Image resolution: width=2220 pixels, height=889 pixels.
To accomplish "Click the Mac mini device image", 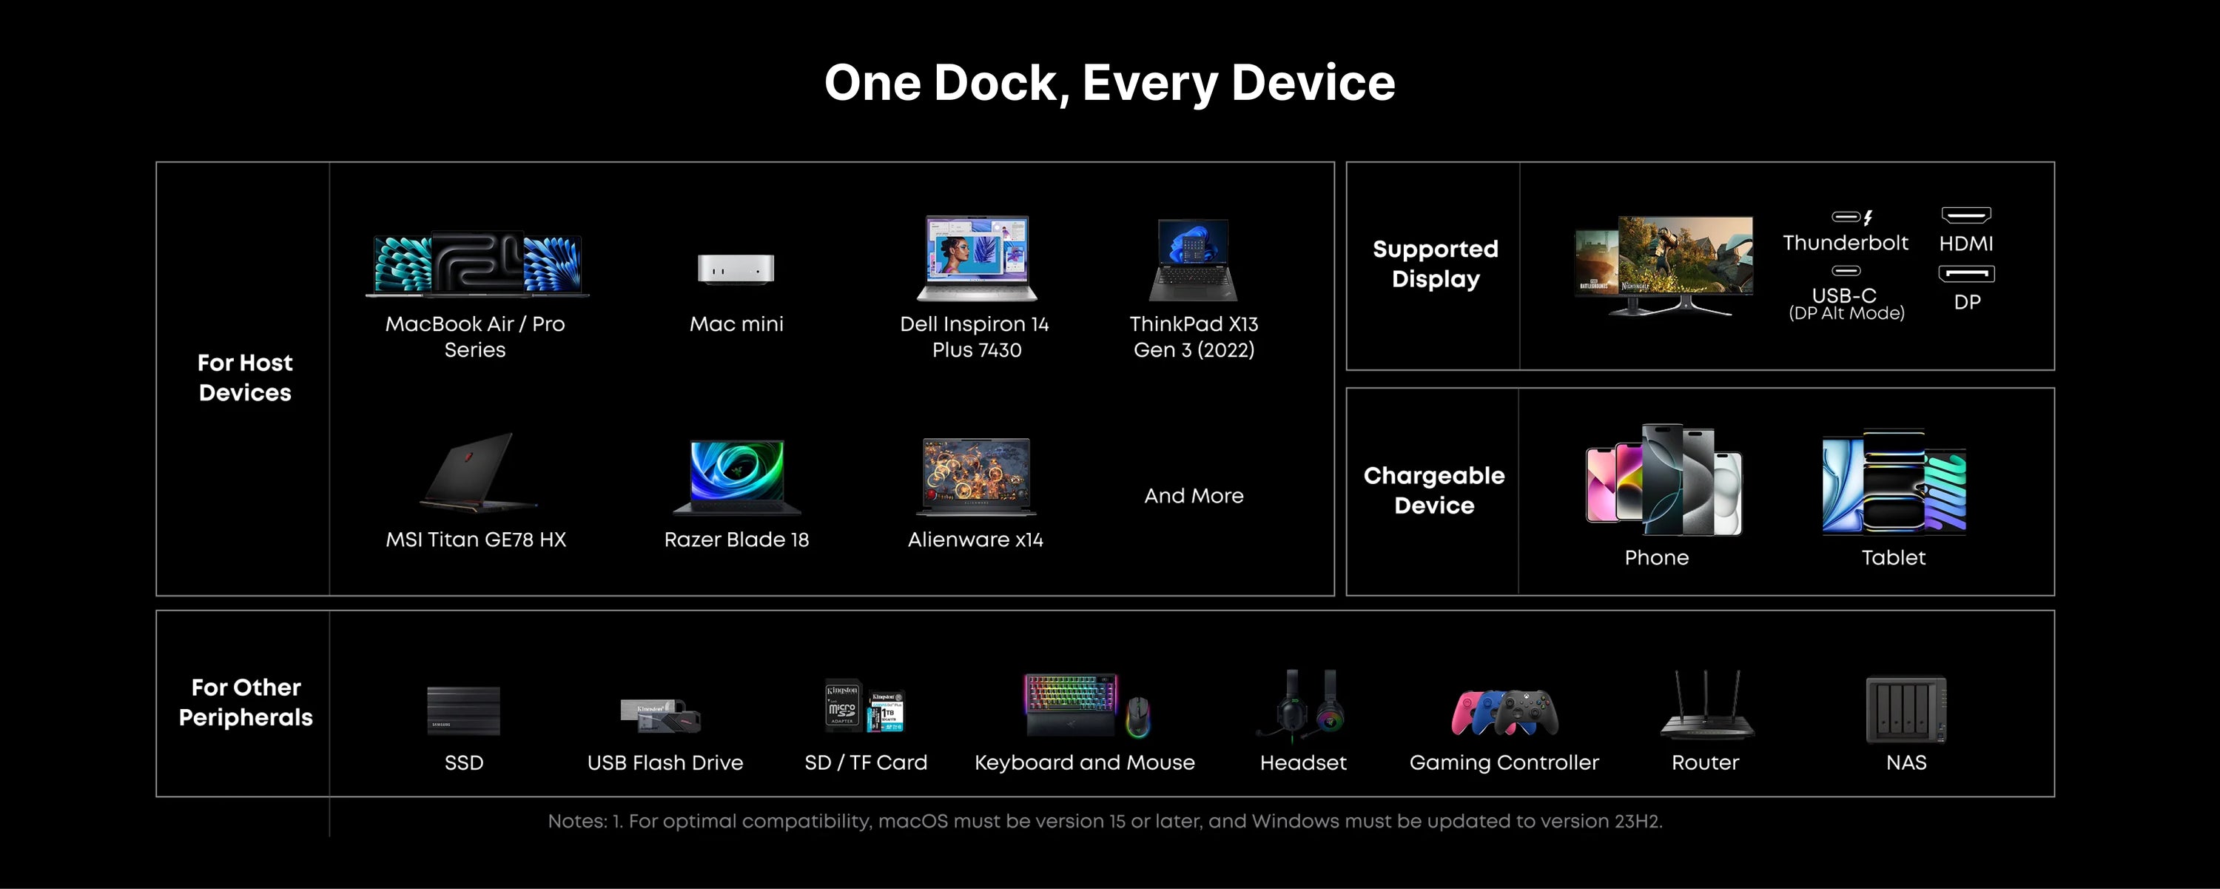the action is tap(736, 269).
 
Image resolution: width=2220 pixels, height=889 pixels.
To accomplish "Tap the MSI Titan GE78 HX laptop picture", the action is tap(478, 471).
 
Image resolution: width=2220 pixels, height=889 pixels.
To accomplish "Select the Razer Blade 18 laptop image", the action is tap(737, 477).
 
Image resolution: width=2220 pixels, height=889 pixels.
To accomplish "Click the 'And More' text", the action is tap(1194, 496).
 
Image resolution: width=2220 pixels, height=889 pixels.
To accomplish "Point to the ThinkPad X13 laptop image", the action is tap(1194, 260).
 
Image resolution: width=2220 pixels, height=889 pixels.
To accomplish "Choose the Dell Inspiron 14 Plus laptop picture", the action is tap(976, 258).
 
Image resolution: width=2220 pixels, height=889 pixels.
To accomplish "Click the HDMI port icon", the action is tap(1965, 215).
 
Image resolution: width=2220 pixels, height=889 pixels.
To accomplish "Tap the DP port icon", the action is tap(1967, 274).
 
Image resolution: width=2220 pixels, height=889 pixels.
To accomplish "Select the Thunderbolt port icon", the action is tap(1852, 218).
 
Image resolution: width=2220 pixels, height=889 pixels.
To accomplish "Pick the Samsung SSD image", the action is tap(464, 711).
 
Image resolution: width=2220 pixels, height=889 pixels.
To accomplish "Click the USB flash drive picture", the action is tap(661, 716).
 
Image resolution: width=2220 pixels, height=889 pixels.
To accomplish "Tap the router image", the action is tap(1706, 705).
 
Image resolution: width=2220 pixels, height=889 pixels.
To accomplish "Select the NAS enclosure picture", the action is tap(1906, 710).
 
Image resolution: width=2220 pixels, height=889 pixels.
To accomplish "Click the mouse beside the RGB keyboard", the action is tap(1137, 717).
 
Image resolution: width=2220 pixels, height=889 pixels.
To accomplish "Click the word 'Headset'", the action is tap(1303, 763).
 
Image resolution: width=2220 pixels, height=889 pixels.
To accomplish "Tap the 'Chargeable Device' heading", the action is tap(1434, 491).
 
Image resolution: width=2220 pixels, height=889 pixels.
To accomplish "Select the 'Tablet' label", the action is tap(1894, 558).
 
